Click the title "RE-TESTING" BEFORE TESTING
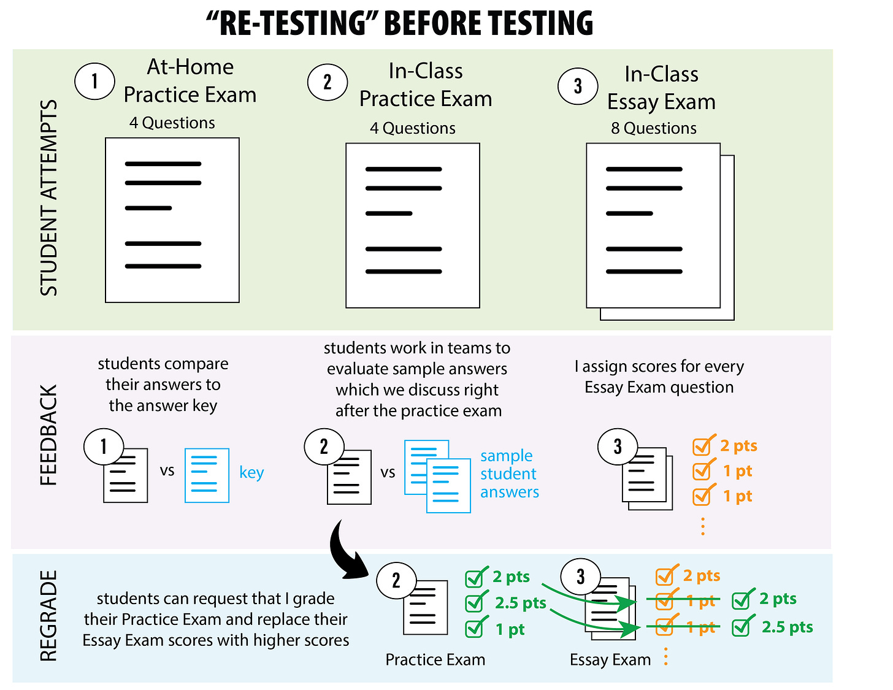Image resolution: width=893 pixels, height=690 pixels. (400, 23)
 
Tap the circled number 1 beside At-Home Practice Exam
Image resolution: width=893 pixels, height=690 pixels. (94, 81)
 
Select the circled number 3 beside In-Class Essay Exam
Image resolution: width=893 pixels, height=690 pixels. (577, 86)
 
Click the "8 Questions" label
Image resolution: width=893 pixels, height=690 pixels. (653, 128)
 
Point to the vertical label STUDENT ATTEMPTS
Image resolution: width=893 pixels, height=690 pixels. (49, 197)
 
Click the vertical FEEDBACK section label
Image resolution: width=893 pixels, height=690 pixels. (48, 435)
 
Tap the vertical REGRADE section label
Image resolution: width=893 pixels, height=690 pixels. (48, 616)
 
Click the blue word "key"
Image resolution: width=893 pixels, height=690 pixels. (251, 472)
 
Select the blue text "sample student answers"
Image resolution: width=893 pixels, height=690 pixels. (509, 473)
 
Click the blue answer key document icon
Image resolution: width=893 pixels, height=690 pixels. (207, 475)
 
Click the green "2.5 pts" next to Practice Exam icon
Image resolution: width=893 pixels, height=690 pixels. (520, 603)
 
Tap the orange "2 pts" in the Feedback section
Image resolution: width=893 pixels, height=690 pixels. (738, 446)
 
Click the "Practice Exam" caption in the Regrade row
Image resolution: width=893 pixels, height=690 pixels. (435, 659)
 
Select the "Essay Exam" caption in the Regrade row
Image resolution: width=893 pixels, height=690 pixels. (610, 659)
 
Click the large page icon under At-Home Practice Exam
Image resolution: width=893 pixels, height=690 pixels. (172, 220)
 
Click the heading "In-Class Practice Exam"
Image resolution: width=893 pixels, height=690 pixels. (426, 85)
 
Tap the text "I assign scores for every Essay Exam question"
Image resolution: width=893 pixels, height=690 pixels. (659, 377)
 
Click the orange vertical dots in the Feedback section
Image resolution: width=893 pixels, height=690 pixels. (703, 526)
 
